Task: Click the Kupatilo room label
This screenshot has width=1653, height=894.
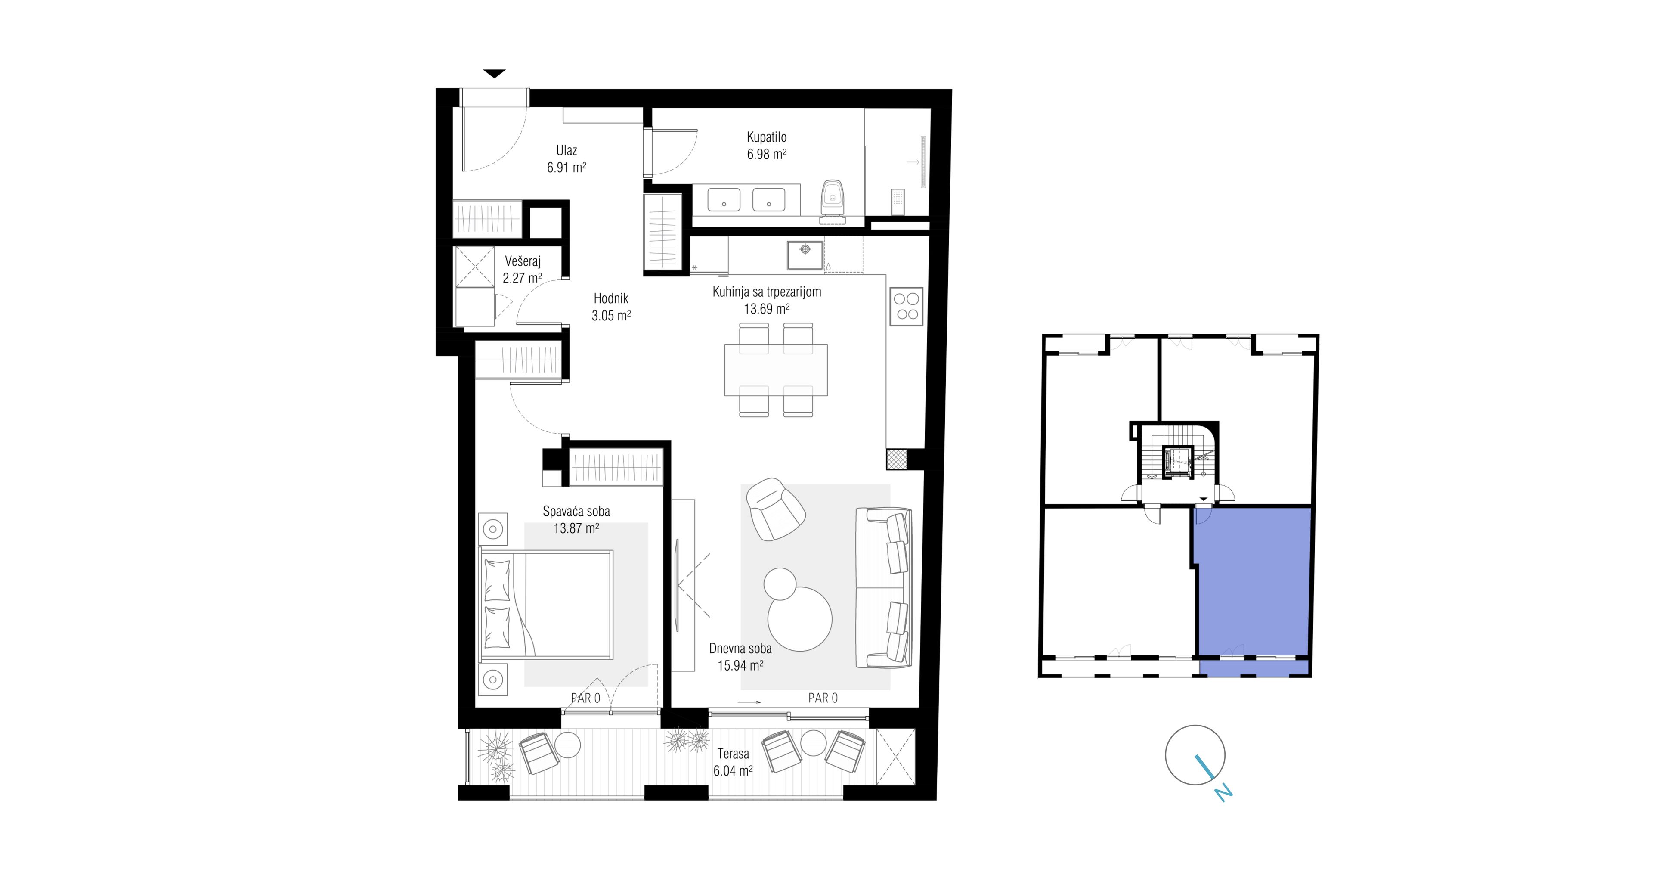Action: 766,137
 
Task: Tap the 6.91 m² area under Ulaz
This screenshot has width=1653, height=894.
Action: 566,168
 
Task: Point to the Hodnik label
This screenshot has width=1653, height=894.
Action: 611,298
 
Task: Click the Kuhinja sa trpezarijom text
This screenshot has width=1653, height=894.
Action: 767,292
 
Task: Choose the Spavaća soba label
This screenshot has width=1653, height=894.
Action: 576,512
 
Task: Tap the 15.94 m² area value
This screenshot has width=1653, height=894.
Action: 740,665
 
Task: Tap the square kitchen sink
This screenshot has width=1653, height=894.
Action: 805,255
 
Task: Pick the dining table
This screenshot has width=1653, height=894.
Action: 776,369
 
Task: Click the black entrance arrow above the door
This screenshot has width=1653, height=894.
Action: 494,74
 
